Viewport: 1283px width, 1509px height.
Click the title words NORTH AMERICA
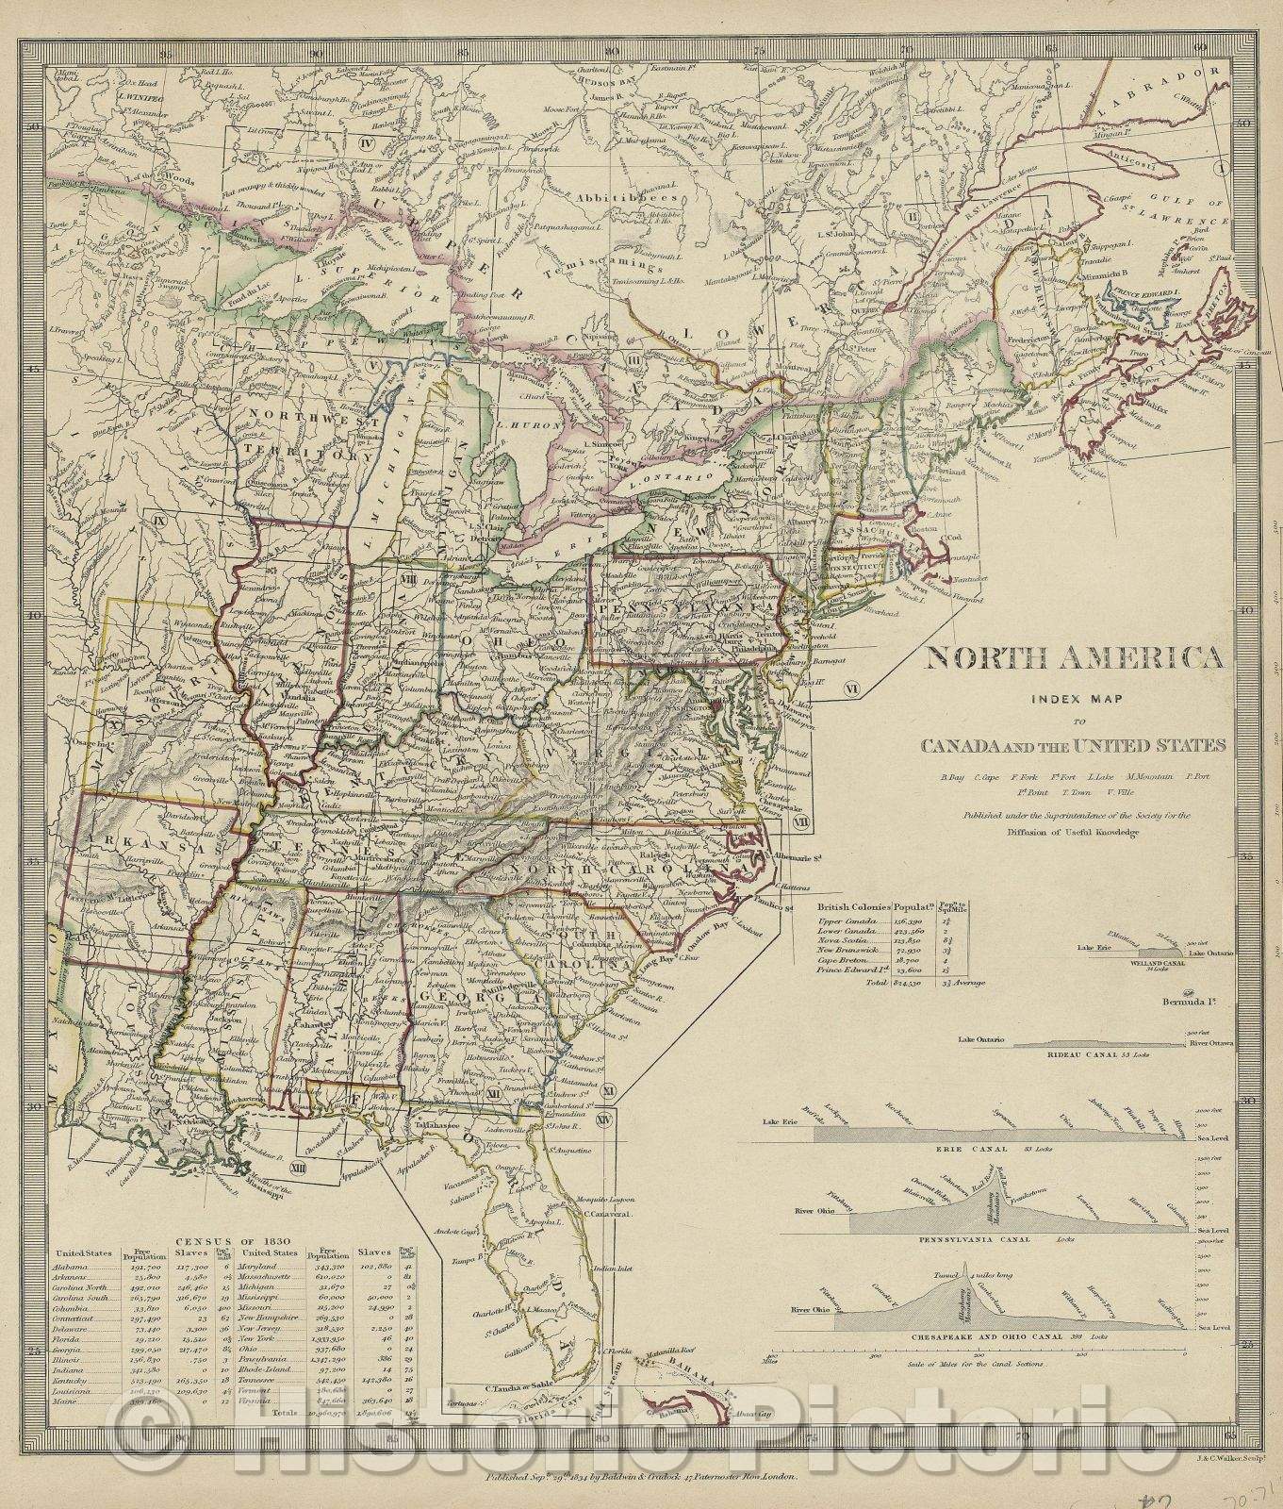tap(1076, 657)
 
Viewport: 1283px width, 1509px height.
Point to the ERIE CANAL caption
tap(1007, 1150)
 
